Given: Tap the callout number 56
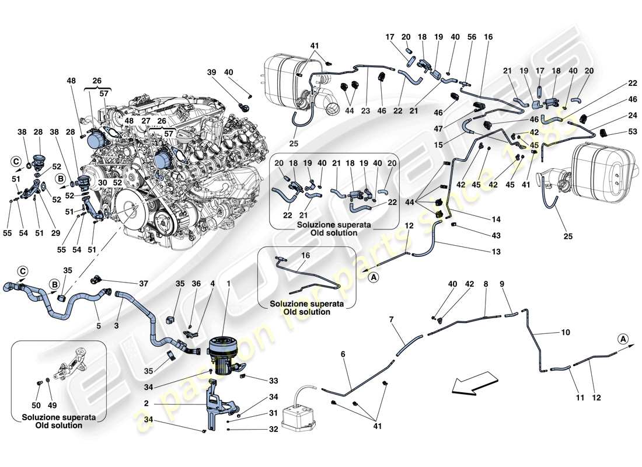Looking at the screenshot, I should tap(471, 37).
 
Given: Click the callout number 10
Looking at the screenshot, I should tap(566, 333).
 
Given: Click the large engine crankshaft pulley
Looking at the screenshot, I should tap(130, 211).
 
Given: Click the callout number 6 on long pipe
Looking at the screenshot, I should tap(343, 354).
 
